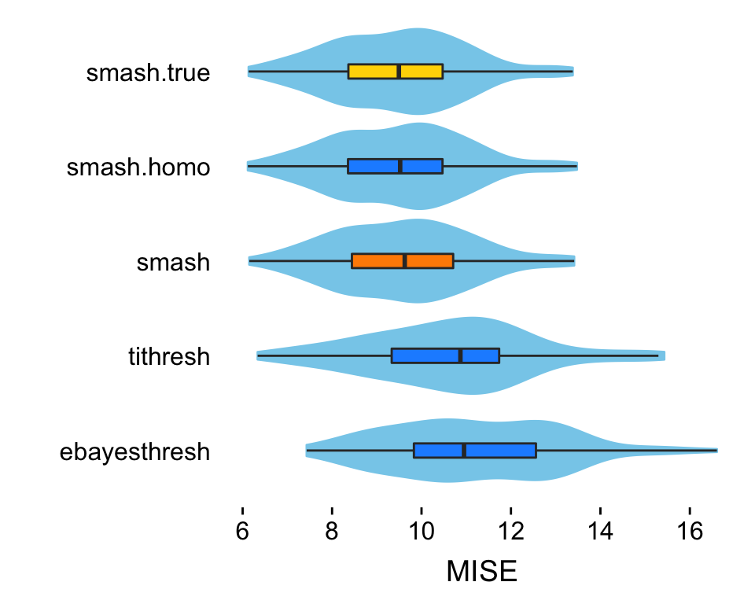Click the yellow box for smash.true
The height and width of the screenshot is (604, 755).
pyautogui.click(x=373, y=72)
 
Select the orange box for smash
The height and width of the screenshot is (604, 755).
pyautogui.click(x=377, y=261)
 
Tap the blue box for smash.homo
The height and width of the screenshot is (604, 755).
pyautogui.click(x=374, y=166)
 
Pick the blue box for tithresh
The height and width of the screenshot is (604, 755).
pyautogui.click(x=425, y=355)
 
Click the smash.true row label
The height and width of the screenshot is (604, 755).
pyautogui.click(x=149, y=73)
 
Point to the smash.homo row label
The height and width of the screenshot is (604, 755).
pyautogui.click(x=138, y=168)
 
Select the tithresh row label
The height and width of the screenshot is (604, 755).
pyautogui.click(x=169, y=357)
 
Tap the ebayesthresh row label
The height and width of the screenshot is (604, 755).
pyautogui.click(x=134, y=452)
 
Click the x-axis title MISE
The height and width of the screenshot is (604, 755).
pyautogui.click(x=481, y=572)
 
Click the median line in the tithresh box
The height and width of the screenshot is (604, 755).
pyautogui.click(x=461, y=355)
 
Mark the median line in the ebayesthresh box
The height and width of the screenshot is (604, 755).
pyautogui.click(x=464, y=451)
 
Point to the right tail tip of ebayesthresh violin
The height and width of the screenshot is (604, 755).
pyautogui.click(x=716, y=451)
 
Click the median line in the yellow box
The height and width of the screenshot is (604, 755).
pyautogui.click(x=399, y=72)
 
